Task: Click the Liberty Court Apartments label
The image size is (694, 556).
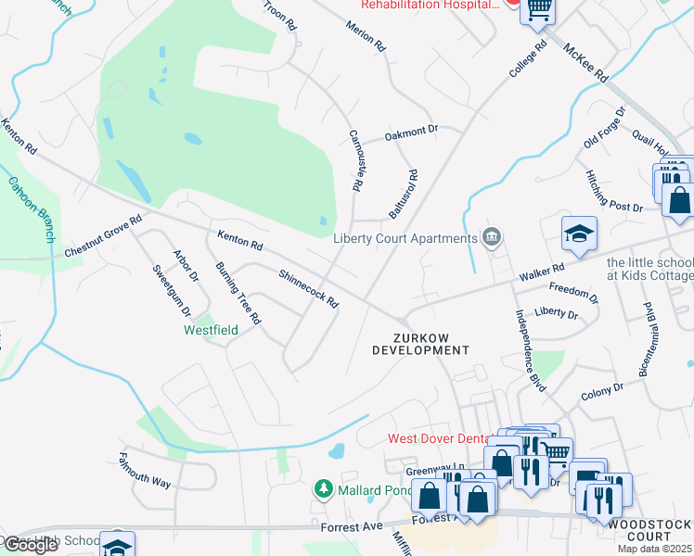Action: click(405, 238)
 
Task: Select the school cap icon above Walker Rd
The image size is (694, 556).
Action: click(578, 235)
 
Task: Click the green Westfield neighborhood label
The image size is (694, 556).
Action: click(210, 330)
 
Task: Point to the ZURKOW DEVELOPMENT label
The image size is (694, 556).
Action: click(420, 345)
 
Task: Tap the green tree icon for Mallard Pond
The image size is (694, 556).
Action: click(323, 487)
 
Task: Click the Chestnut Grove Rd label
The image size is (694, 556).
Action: click(103, 238)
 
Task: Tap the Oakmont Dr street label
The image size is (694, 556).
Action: click(411, 133)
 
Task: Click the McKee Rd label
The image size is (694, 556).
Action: click(586, 60)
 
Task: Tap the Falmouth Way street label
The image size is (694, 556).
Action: click(145, 471)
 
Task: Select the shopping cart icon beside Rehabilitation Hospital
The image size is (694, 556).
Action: click(538, 8)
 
